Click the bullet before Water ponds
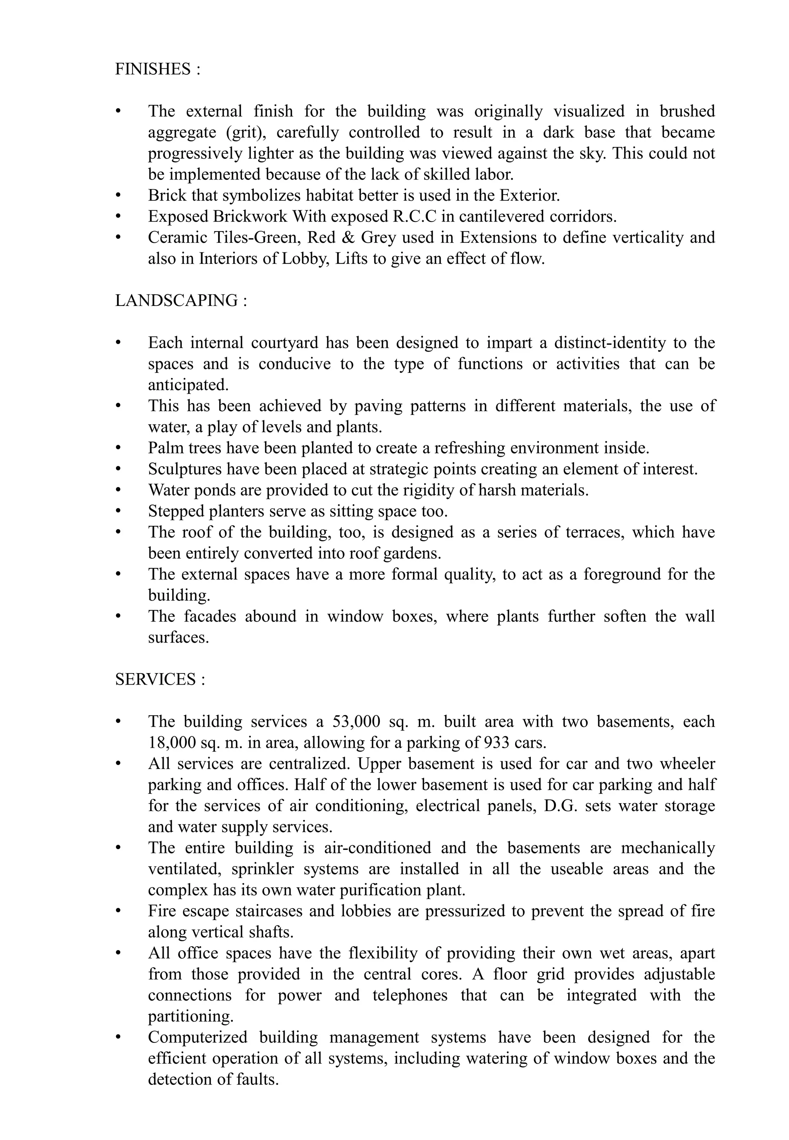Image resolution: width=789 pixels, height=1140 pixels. [x=118, y=490]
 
